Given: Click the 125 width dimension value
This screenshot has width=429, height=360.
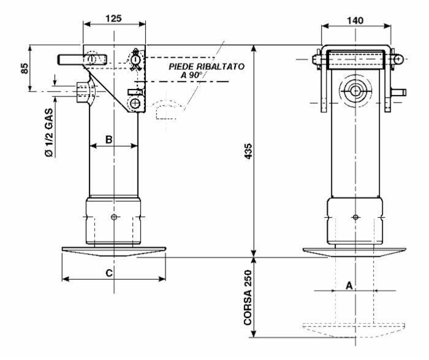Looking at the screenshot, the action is (113, 18).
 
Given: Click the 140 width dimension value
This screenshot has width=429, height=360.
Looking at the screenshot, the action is (355, 21).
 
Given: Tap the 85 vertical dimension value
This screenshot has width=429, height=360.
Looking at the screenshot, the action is (25, 68).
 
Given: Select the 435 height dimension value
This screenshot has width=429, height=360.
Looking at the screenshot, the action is (248, 151).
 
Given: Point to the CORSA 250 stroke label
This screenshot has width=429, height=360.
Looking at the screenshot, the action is (248, 297).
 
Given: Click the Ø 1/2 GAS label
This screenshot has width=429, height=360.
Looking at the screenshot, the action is (48, 133).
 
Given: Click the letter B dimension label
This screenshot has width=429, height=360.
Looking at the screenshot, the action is (109, 140).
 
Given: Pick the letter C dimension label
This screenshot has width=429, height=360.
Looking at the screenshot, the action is (109, 273).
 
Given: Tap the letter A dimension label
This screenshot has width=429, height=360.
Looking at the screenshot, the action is (349, 286).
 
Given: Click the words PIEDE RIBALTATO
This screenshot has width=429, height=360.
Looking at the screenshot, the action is (207, 66).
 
